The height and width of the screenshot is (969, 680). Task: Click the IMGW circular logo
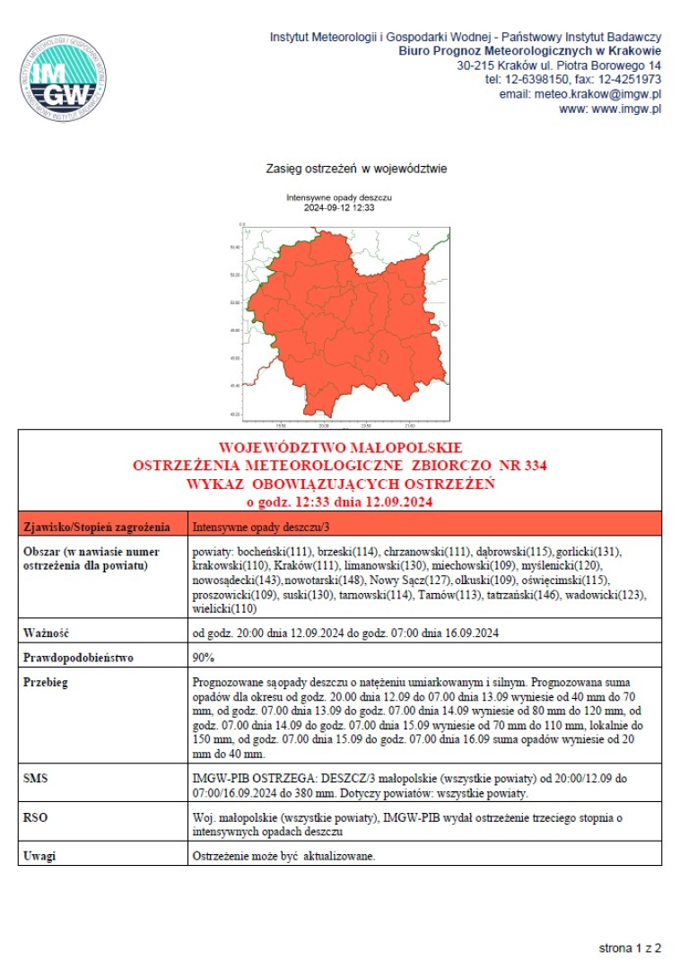65,79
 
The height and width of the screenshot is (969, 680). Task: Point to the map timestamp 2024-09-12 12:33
339,207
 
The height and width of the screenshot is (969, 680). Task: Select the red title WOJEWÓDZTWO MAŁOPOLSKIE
340,447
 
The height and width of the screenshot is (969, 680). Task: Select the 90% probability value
203,658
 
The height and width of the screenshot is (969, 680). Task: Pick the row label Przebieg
46,682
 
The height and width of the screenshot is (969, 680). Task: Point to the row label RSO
36,818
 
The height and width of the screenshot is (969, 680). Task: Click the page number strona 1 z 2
630,947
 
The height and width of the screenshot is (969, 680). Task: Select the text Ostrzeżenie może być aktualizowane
283,856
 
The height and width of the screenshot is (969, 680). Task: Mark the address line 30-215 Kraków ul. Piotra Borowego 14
559,65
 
